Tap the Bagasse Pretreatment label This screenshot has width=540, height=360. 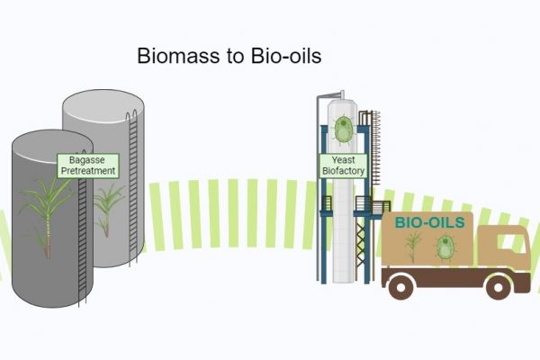pyautogui.click(x=87, y=165)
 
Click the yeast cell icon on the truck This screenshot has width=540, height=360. pyautogui.click(x=445, y=247)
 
